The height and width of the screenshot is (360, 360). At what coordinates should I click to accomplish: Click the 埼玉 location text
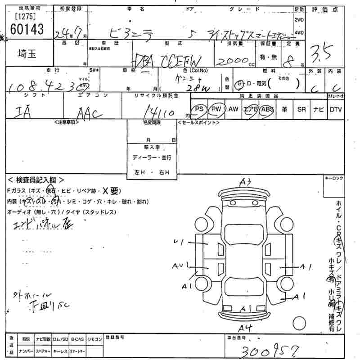[x=26, y=53]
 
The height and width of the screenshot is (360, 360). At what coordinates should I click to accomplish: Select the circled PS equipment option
[x=199, y=109]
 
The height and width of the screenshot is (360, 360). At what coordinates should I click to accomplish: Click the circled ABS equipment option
[x=267, y=109]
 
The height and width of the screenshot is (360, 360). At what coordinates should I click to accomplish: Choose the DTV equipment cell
[x=335, y=109]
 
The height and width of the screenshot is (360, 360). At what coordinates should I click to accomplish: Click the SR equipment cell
[x=301, y=109]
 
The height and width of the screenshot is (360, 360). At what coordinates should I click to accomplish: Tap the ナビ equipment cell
[x=318, y=109]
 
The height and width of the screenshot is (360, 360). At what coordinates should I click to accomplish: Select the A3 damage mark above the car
[x=245, y=182]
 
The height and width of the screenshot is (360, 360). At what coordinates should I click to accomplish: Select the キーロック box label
[x=333, y=179]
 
